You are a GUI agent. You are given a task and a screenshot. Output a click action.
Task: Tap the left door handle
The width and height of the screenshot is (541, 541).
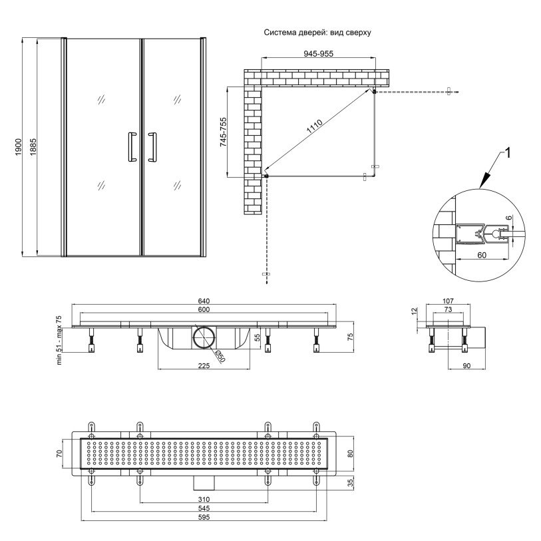(x=131, y=147)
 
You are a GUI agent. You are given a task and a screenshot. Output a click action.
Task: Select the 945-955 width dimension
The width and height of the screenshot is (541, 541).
(x=315, y=55)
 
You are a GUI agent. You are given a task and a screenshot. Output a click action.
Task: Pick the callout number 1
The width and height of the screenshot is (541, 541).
(x=507, y=154)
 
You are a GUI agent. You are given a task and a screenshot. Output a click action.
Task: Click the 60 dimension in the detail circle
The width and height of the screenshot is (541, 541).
(x=482, y=254)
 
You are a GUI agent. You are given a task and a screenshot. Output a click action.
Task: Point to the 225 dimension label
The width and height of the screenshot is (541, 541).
(x=204, y=365)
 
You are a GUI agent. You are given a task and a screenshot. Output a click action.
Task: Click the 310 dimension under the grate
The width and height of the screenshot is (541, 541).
(x=204, y=500)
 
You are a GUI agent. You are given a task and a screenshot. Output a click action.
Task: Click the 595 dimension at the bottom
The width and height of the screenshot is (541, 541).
(x=204, y=518)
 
